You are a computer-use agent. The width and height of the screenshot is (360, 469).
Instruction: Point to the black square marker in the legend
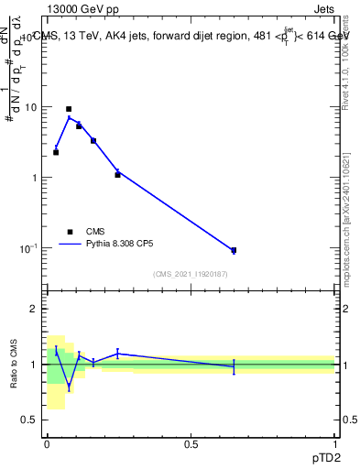tap(70, 232)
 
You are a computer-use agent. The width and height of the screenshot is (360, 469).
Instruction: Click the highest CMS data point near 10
tap(69, 109)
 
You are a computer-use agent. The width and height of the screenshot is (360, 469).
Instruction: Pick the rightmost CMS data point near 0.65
tap(234, 250)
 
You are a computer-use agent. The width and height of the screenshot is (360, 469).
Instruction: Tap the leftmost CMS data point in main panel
tap(56, 152)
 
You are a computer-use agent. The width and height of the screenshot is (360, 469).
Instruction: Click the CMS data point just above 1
tap(117, 174)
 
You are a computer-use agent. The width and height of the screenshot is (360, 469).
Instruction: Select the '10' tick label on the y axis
tap(30, 107)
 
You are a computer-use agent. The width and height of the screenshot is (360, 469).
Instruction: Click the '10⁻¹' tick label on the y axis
tap(28, 247)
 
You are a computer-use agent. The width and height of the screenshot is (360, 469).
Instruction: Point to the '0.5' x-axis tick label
tap(191, 443)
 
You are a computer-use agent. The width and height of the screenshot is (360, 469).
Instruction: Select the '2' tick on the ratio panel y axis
tap(35, 309)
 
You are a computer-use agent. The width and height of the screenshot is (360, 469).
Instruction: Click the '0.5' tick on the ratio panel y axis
tap(31, 420)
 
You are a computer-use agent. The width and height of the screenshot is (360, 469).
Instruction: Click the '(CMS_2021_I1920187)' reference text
tap(191, 274)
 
